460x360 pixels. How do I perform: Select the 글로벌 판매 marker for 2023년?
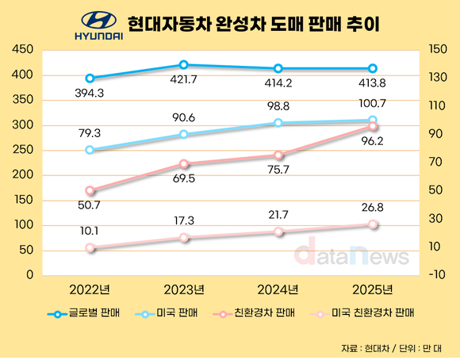[x=184, y=65]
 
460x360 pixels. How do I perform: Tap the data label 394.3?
[x=90, y=93]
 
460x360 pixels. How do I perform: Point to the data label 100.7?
[x=373, y=103]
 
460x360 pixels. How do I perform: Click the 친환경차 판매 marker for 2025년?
[x=373, y=127]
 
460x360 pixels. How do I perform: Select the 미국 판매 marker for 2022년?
[x=90, y=150]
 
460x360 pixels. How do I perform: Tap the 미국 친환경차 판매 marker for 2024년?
[x=278, y=232]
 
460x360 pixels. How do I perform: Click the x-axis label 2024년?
[x=278, y=289]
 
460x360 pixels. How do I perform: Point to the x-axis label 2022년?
[x=90, y=289]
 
